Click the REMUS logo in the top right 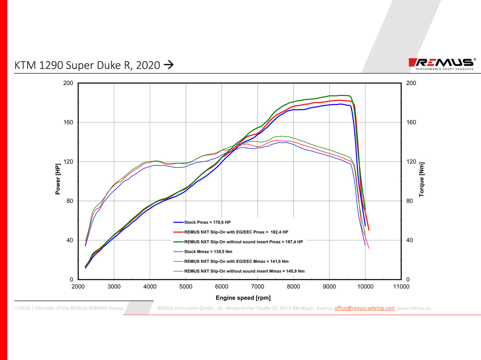pos(442,63)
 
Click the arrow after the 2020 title pos(169,64)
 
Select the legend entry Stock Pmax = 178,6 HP pos(207,222)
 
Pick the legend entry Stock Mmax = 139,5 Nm pos(208,252)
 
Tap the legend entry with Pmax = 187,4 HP pos(243,242)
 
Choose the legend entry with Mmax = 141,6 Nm pos(236,261)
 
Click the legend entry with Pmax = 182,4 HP pos(236,232)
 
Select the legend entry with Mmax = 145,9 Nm pos(244,271)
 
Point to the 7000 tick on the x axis pos(257,287)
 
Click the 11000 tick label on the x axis pos(401,287)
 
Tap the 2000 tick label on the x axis pos(78,287)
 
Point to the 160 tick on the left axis pos(68,122)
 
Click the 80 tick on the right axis pos(409,201)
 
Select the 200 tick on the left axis pos(68,83)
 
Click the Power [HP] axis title pos(58,179)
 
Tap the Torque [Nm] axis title pos(422,179)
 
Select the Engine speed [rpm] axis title pos(243,298)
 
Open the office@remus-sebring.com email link pos(364,308)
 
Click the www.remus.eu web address pos(414,308)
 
